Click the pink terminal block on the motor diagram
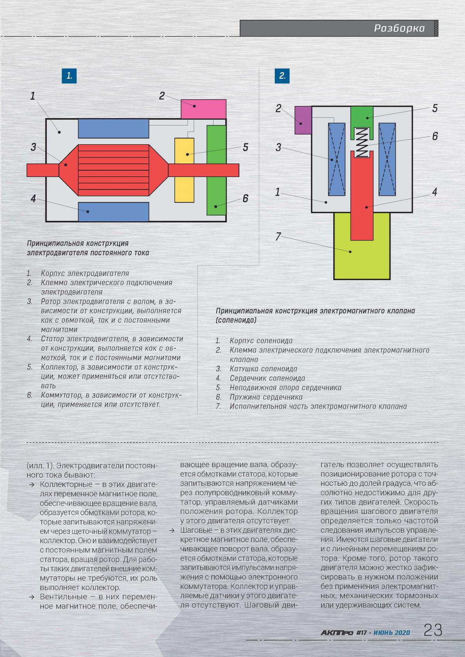pyautogui.click(x=204, y=109)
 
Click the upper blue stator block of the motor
pyautogui.click(x=114, y=129)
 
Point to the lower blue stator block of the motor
pyautogui.click(x=114, y=212)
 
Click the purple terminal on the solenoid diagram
pyautogui.click(x=303, y=120)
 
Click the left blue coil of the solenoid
pyautogui.click(x=336, y=159)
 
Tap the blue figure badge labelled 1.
pyautogui.click(x=69, y=76)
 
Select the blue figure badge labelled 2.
pyautogui.click(x=282, y=76)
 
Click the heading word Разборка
pyautogui.click(x=400, y=28)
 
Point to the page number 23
pyautogui.click(x=433, y=630)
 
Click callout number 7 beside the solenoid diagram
pyautogui.click(x=278, y=236)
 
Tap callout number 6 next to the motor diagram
pyautogui.click(x=245, y=198)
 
